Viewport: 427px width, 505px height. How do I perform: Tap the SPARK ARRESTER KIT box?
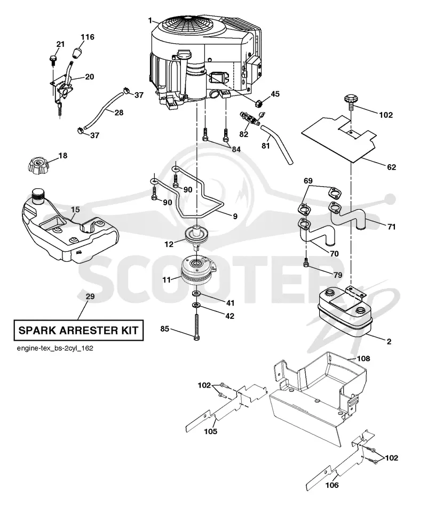point(78,331)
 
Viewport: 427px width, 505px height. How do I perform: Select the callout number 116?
point(88,37)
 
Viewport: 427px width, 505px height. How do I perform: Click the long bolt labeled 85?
point(196,326)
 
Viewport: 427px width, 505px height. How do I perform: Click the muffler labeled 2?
point(345,312)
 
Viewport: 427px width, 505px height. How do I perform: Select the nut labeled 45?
point(259,103)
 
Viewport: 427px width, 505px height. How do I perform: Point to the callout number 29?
point(90,296)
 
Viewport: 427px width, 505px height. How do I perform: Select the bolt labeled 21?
point(53,60)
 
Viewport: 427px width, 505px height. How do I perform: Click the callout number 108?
point(363,358)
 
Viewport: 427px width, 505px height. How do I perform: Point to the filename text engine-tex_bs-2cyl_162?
point(55,348)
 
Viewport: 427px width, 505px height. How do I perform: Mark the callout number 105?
point(211,431)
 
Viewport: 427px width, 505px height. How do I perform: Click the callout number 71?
point(391,227)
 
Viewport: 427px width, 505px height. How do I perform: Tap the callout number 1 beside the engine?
point(150,21)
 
